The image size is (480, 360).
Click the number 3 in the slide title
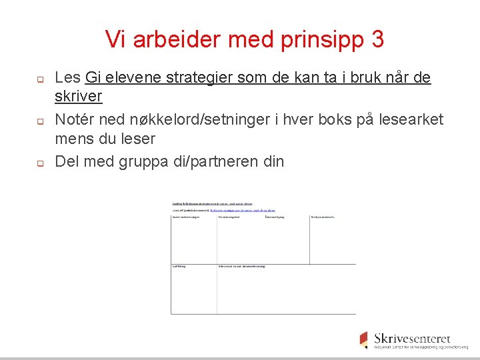[x=377, y=40]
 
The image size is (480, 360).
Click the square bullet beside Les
[x=39, y=79]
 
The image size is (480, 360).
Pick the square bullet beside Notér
[x=39, y=121]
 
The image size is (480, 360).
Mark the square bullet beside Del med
[x=39, y=163]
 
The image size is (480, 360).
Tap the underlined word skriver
[x=78, y=97]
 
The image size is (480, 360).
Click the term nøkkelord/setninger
[x=189, y=120]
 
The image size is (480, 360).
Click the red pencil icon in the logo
[x=363, y=339]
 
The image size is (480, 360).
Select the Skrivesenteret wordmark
[x=412, y=338]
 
